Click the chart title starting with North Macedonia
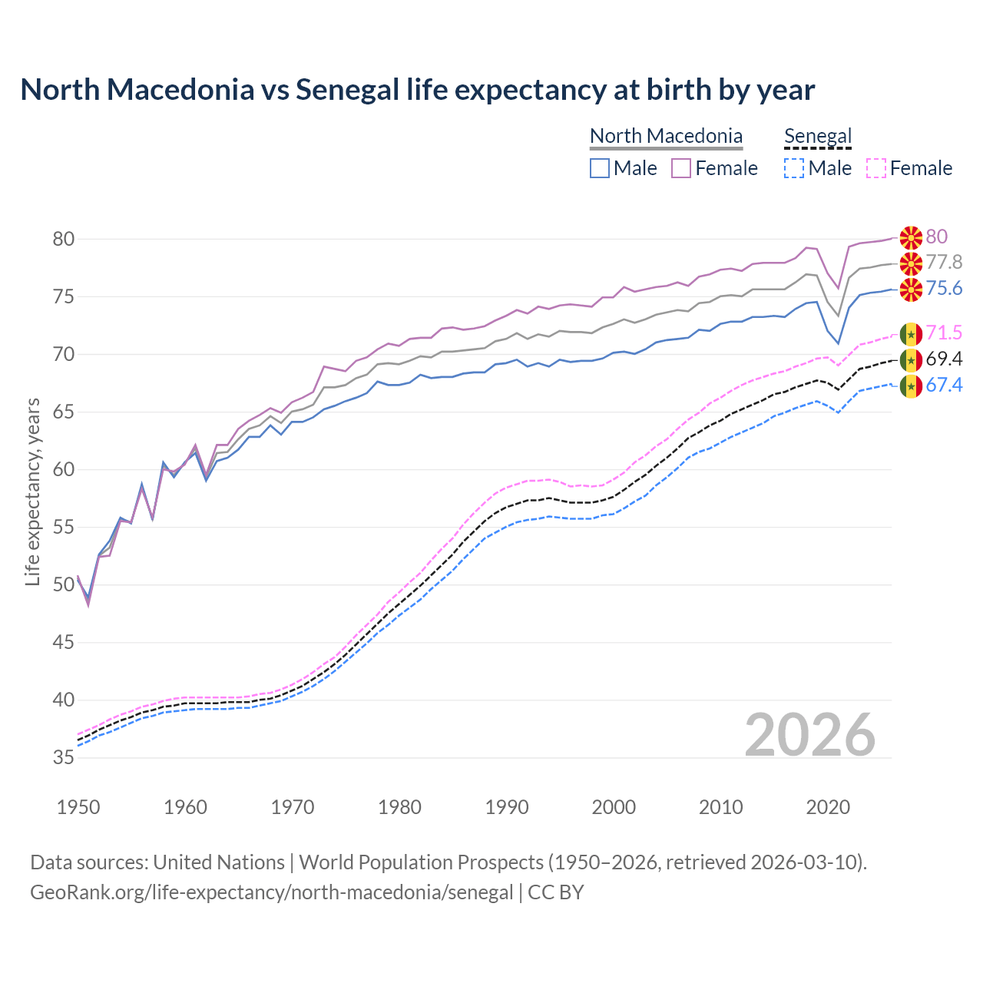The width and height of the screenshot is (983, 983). (x=417, y=90)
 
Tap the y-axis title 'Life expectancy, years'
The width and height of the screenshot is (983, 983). (x=32, y=491)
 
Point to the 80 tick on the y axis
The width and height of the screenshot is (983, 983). (x=64, y=239)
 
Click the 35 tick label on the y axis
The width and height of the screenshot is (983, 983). (x=64, y=757)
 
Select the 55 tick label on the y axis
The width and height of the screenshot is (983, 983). (x=64, y=527)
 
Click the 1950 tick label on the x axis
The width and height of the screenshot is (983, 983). (x=78, y=807)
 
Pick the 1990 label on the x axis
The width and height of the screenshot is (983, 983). (x=507, y=807)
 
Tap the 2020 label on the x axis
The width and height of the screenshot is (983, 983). (x=828, y=807)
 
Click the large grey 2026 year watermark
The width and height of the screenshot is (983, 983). (x=810, y=735)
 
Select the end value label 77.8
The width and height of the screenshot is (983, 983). (x=944, y=263)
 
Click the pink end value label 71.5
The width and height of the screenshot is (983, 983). (x=944, y=333)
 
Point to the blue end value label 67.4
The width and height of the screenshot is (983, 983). (x=944, y=385)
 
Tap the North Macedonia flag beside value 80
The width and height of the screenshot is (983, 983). (x=911, y=237)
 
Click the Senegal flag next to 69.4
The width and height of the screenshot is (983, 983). (x=911, y=359)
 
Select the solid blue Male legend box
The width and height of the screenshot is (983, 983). (x=600, y=168)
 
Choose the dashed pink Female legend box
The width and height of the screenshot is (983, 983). (x=876, y=168)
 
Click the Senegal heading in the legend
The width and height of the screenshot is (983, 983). (x=818, y=136)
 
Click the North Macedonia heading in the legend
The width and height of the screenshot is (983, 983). (x=666, y=136)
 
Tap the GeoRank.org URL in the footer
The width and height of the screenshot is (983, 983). (x=271, y=892)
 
